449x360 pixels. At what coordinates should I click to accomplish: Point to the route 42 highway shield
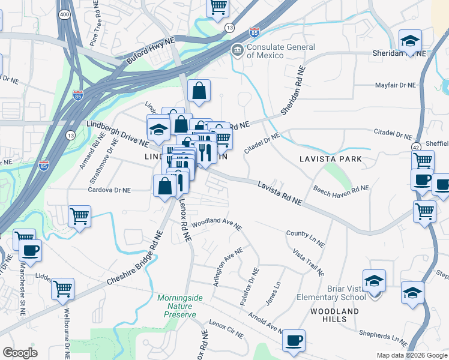point(416,146)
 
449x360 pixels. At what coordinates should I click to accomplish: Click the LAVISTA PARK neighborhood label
point(331,159)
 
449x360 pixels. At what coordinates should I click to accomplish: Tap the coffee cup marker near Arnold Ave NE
point(294,340)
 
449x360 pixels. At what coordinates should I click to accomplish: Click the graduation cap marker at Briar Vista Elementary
point(373,280)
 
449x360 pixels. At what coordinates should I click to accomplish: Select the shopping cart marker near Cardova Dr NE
point(79,215)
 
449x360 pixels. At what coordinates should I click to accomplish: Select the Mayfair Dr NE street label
point(395,85)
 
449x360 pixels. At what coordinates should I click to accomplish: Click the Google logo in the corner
point(20,353)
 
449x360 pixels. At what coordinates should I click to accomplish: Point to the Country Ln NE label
point(306,238)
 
